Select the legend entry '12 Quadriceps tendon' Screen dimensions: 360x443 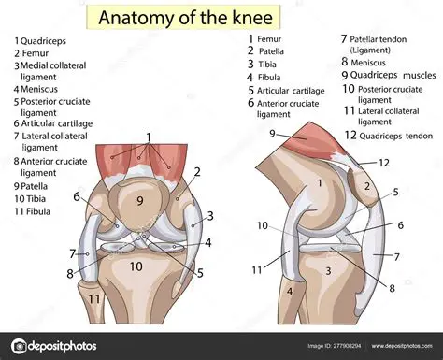pyautogui.click(x=386, y=134)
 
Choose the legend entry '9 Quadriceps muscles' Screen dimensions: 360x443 pyautogui.click(x=388, y=74)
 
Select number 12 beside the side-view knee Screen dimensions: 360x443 pyautogui.click(x=382, y=162)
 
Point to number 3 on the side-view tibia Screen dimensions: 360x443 pyautogui.click(x=328, y=270)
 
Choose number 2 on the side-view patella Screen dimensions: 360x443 pyautogui.click(x=367, y=186)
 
